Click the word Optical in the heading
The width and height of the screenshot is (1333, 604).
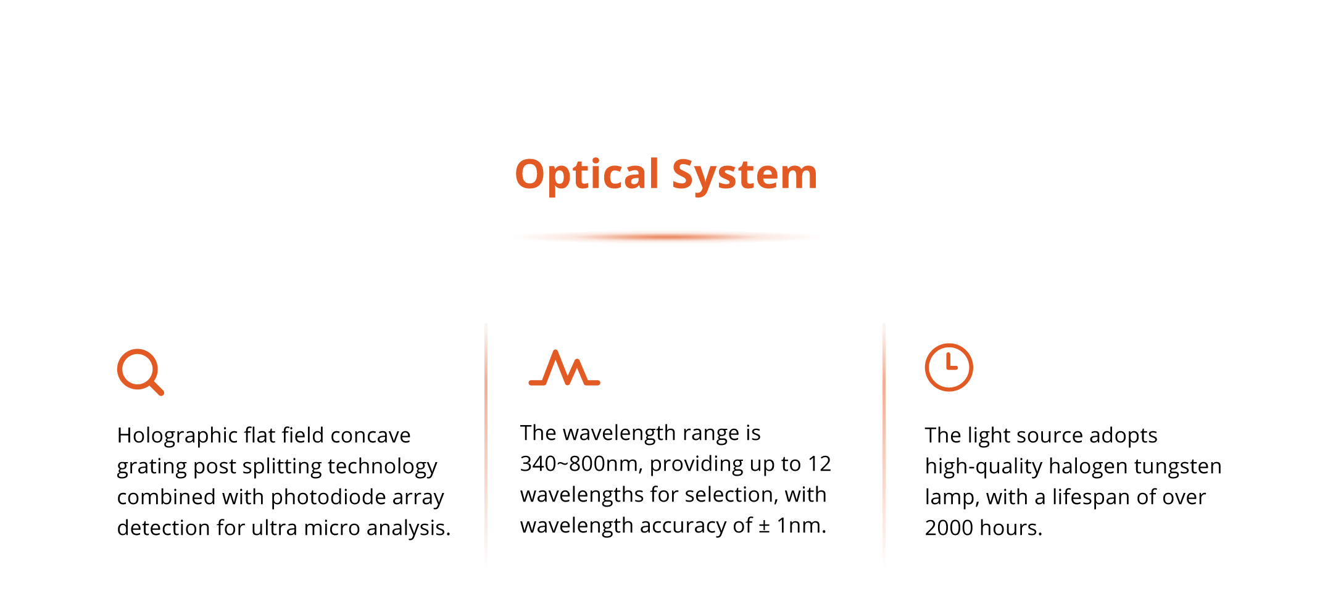point(588,175)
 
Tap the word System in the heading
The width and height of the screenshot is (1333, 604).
point(745,175)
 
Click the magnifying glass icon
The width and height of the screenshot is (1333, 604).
point(140,372)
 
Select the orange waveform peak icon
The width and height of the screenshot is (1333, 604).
point(565,368)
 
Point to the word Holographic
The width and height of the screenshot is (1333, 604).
point(177,436)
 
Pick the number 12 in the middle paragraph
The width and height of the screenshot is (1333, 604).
point(820,463)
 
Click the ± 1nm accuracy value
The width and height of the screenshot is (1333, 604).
point(792,526)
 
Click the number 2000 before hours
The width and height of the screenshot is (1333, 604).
point(949,528)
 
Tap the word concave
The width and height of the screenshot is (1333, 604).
point(370,436)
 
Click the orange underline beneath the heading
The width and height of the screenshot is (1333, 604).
point(666,237)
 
